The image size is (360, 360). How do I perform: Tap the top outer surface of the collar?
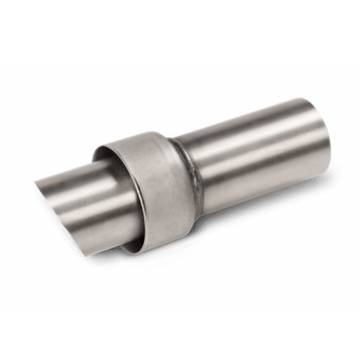tap(144, 142)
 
